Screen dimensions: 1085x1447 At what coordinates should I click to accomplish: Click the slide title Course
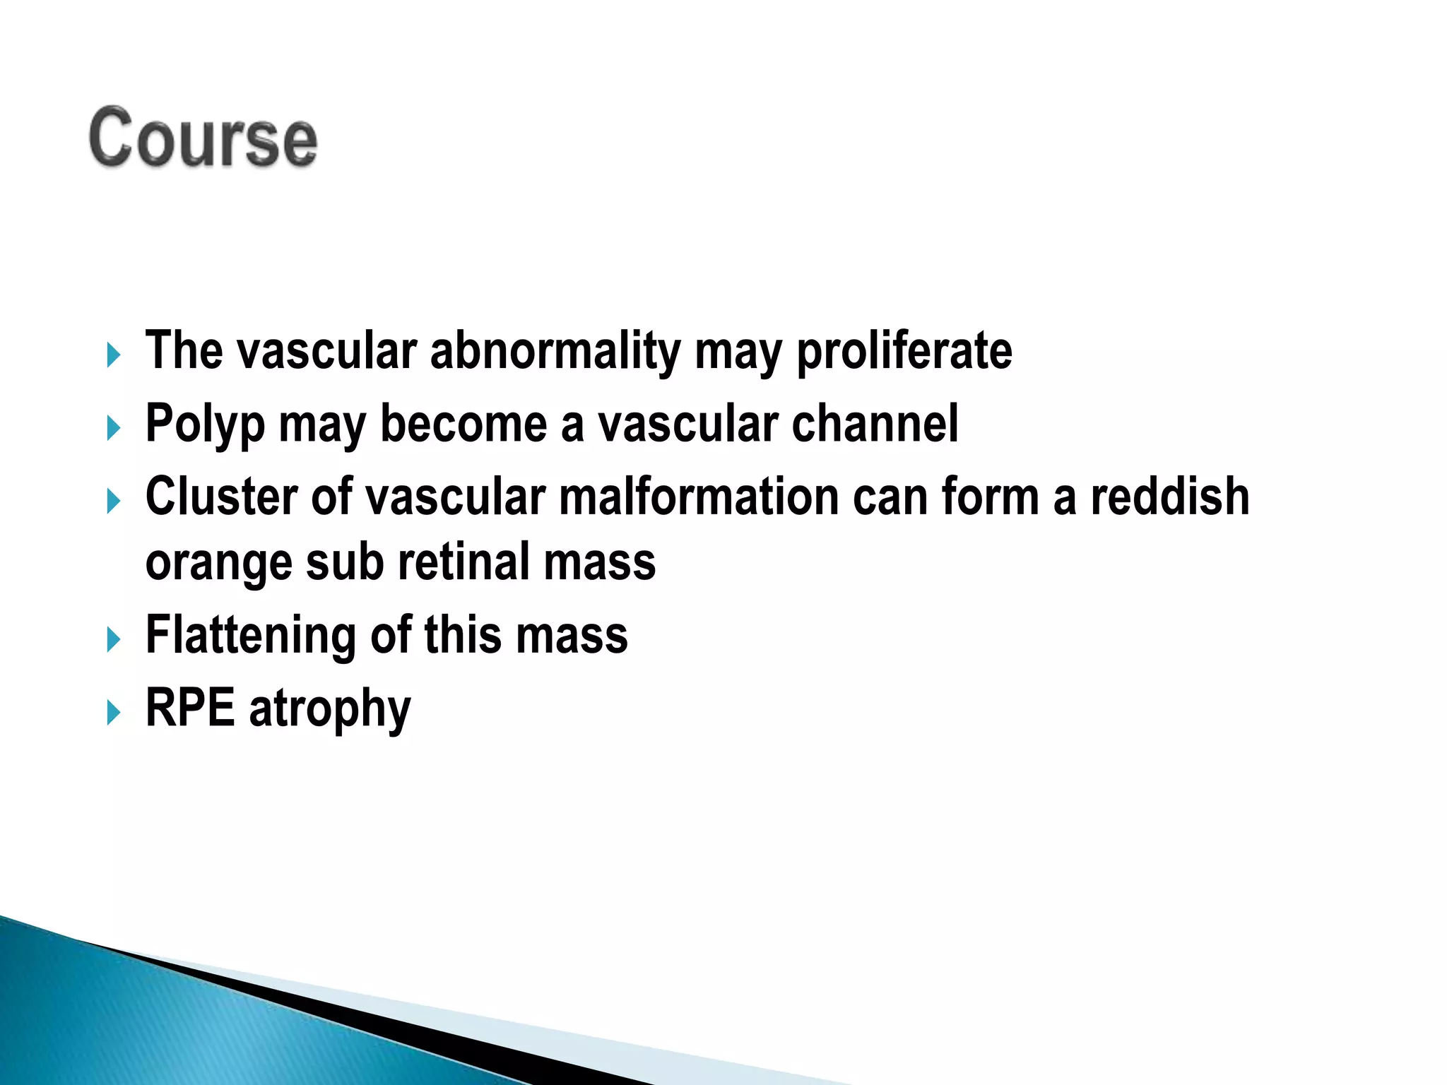coord(203,138)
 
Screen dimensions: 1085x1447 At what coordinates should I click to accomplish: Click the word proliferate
coord(904,351)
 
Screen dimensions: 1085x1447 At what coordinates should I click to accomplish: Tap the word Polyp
coord(205,425)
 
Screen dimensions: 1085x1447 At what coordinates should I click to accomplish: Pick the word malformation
coord(699,497)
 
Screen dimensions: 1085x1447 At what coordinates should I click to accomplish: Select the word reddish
coord(1169,497)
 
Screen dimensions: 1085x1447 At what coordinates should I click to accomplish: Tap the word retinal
coord(463,563)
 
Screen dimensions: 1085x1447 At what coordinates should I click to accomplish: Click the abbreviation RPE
coord(190,708)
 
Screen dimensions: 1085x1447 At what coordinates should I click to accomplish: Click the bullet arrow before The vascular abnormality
coord(113,355)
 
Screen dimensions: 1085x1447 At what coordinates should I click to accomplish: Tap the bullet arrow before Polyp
coord(113,428)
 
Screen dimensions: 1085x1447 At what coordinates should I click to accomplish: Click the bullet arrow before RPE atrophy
coord(113,712)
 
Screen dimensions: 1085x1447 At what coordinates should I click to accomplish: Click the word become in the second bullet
coord(463,424)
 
